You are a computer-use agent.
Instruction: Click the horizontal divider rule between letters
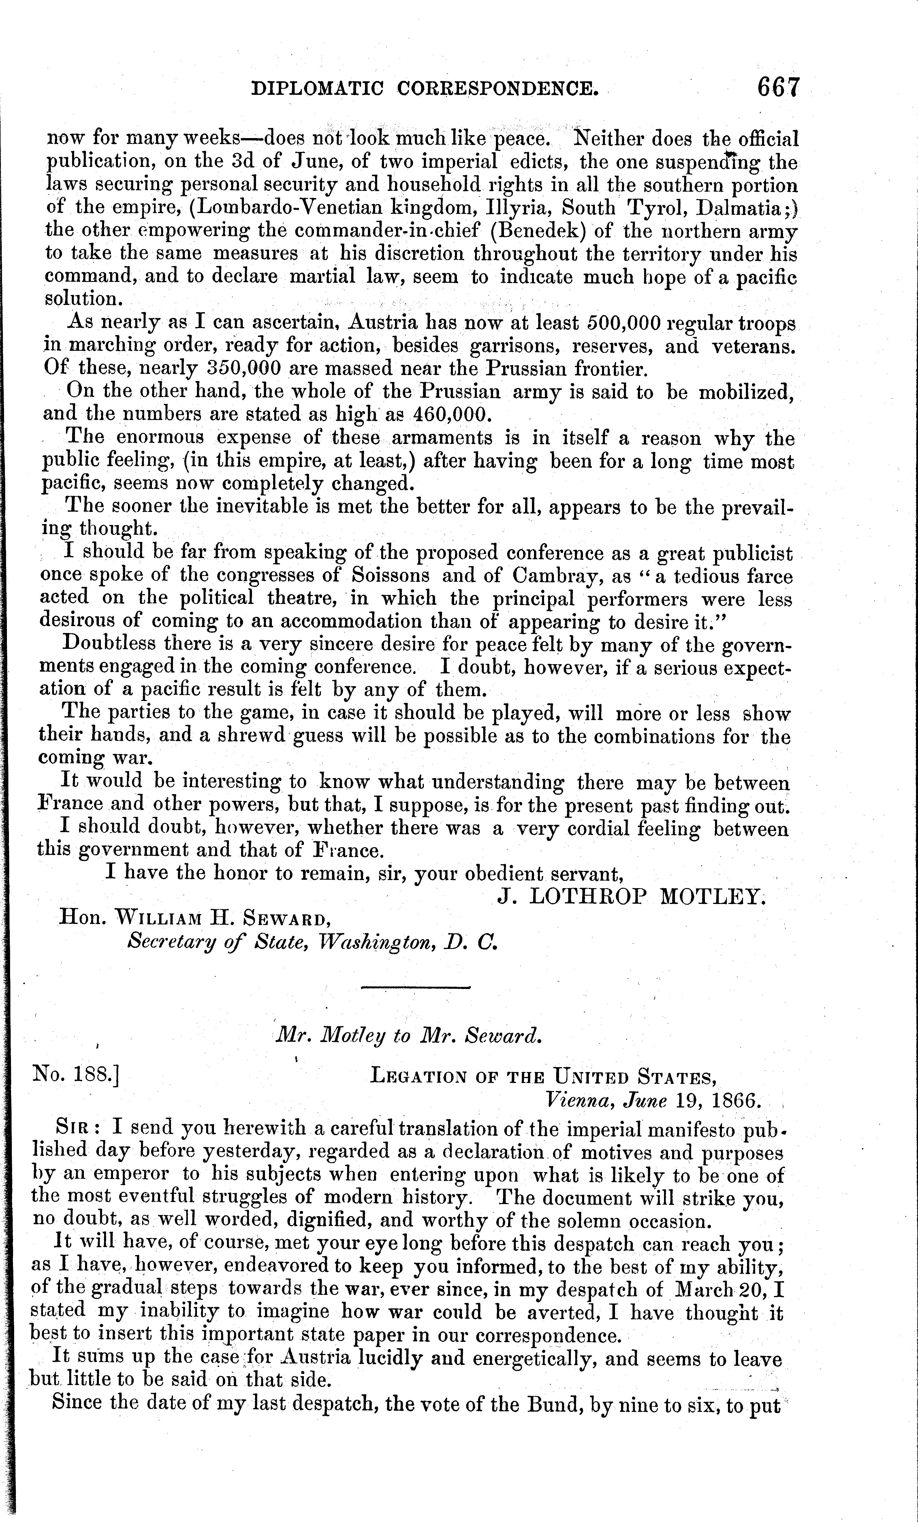point(415,986)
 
